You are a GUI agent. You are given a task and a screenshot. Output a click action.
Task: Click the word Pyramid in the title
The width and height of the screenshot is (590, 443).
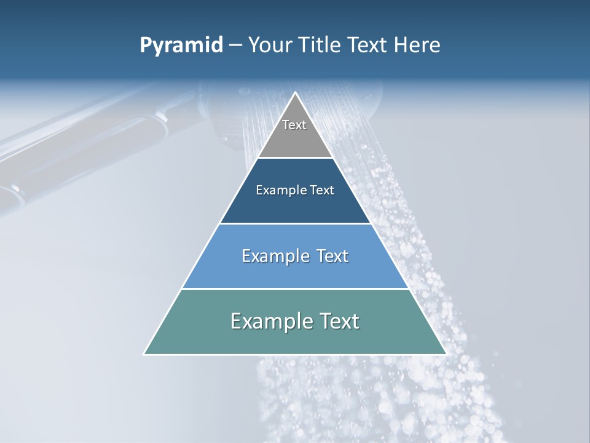[x=181, y=46]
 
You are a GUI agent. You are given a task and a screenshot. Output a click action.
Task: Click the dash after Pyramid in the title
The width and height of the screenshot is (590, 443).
[x=235, y=46]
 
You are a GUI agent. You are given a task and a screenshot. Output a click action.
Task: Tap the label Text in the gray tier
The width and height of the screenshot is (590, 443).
[x=294, y=125]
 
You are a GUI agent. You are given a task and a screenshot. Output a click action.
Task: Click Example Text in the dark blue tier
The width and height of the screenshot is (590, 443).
[x=295, y=190]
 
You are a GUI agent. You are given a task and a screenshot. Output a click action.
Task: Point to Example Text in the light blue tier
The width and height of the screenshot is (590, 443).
[x=295, y=256]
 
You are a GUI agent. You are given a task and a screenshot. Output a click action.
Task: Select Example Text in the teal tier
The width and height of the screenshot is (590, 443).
[x=295, y=321]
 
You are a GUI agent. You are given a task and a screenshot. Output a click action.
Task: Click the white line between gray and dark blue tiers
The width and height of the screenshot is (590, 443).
[x=295, y=158]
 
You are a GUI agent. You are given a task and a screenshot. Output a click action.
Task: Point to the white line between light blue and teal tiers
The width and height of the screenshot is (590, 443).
[x=295, y=289]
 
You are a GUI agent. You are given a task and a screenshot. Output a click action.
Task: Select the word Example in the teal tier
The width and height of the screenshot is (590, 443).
[x=265, y=321]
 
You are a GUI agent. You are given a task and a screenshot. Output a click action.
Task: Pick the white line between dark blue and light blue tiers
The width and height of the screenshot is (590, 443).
[x=295, y=223]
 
